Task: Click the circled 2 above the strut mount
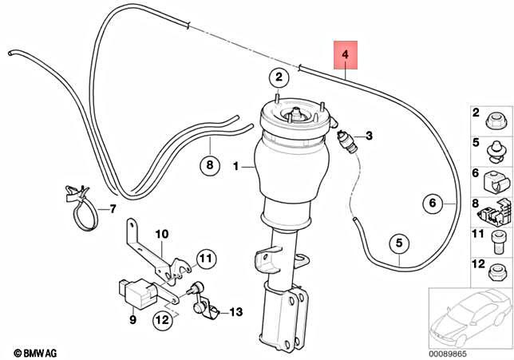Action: click(x=278, y=77)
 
